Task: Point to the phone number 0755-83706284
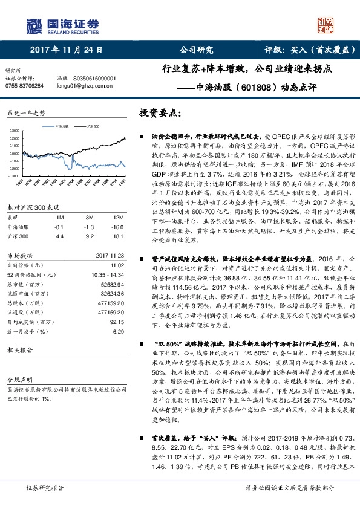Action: (24, 86)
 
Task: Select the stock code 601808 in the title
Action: (249, 86)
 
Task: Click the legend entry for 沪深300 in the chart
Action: (91, 126)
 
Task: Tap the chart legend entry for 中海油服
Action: (62, 126)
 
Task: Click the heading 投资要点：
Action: (160, 113)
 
